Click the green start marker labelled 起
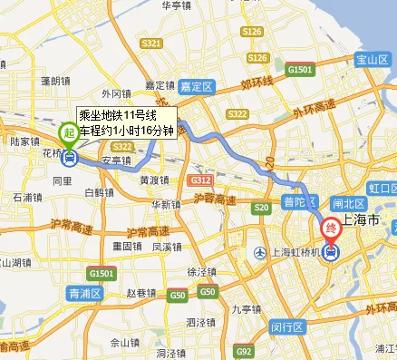click(x=69, y=133)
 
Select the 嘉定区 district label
click(x=193, y=87)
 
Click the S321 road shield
click(x=152, y=44)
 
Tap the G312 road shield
click(x=201, y=181)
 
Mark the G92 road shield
click(x=242, y=351)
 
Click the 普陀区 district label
click(x=302, y=199)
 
